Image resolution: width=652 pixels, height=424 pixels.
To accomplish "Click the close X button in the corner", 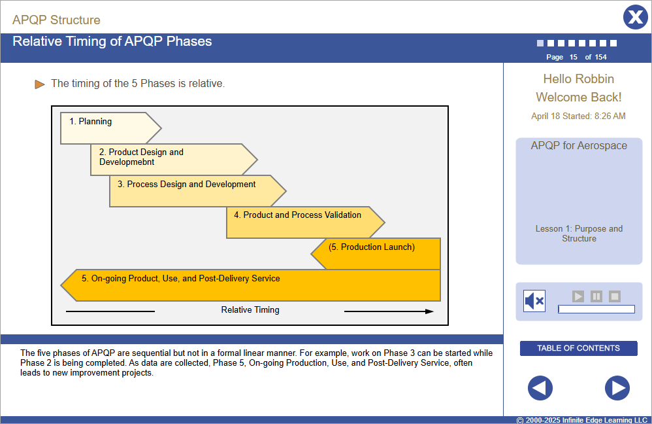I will (635, 17).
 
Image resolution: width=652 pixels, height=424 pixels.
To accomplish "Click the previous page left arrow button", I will (540, 388).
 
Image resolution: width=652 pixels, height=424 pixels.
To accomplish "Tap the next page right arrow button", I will (617, 388).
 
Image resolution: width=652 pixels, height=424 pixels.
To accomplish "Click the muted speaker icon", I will (534, 301).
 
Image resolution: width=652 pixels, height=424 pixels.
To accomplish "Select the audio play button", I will (578, 296).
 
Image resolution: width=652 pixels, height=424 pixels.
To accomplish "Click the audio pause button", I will (596, 296).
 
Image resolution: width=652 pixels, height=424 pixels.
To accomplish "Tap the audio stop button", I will (615, 296).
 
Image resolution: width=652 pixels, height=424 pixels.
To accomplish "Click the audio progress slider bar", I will (596, 309).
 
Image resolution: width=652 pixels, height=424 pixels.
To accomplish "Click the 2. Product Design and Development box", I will (170, 160).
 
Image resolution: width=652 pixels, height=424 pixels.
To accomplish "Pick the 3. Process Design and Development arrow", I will (193, 191).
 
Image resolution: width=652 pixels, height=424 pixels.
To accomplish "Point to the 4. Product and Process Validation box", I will (301, 222).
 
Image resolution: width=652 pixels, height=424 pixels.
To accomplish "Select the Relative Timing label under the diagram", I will (250, 310).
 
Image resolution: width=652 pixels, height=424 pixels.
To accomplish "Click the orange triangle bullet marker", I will (40, 84).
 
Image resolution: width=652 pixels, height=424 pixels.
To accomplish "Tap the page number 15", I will (573, 58).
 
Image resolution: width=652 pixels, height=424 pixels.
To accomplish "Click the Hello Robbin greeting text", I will (578, 79).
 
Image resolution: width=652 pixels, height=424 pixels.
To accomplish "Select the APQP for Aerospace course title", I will (578, 146).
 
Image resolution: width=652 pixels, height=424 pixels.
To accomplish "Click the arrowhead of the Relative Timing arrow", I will (429, 311).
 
